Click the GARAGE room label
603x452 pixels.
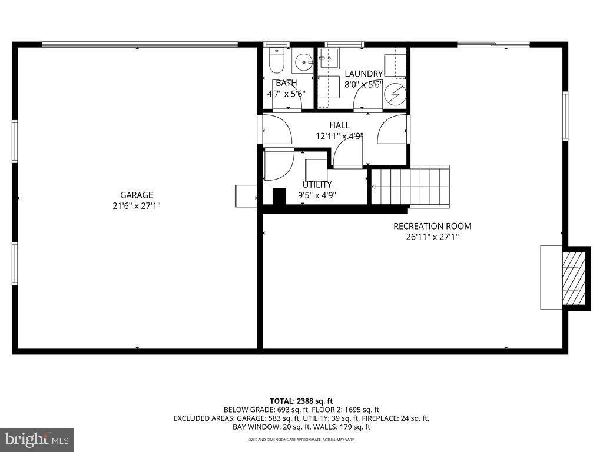[137, 195]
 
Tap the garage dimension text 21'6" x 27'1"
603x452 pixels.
[137, 206]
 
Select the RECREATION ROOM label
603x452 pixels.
[432, 226]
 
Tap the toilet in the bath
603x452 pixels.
[276, 59]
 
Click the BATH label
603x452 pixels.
[286, 83]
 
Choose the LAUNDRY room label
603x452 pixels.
[363, 74]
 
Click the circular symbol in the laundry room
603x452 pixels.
[395, 94]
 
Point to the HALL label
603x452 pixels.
[340, 125]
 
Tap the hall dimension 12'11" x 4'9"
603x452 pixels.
[340, 136]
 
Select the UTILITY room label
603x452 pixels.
[317, 185]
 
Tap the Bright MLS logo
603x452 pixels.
[37, 439]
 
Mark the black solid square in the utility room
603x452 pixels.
[279, 197]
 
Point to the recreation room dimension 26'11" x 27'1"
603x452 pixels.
[432, 237]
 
